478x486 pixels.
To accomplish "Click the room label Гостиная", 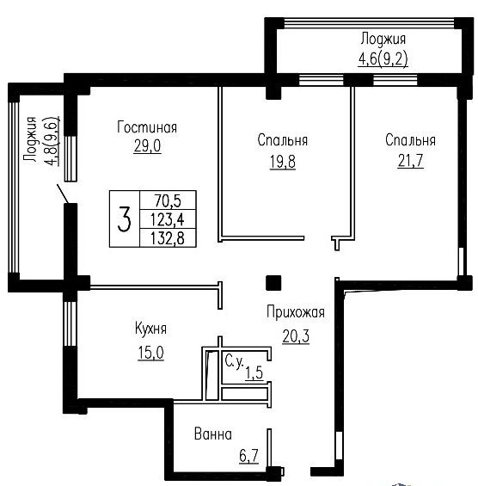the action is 147,127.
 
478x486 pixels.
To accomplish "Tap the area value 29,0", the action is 148,145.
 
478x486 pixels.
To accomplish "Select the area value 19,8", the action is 283,162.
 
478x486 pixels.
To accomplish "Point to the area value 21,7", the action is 410,161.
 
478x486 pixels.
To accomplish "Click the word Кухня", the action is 150,329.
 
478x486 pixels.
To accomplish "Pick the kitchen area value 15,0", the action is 150,353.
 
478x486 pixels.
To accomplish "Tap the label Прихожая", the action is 296,312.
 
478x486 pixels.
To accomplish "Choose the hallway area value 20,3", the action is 296,336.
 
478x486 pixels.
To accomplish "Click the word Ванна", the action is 213,434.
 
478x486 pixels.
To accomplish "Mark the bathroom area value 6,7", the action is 248,456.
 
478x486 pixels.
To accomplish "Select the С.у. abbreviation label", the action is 234,361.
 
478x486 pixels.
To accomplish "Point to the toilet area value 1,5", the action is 254,372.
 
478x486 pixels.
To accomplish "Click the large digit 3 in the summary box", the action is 125,219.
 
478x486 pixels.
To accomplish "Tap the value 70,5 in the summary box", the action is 168,200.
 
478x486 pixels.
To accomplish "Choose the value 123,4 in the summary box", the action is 168,219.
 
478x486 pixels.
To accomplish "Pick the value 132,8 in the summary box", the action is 168,238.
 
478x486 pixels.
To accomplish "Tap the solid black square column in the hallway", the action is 273,283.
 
